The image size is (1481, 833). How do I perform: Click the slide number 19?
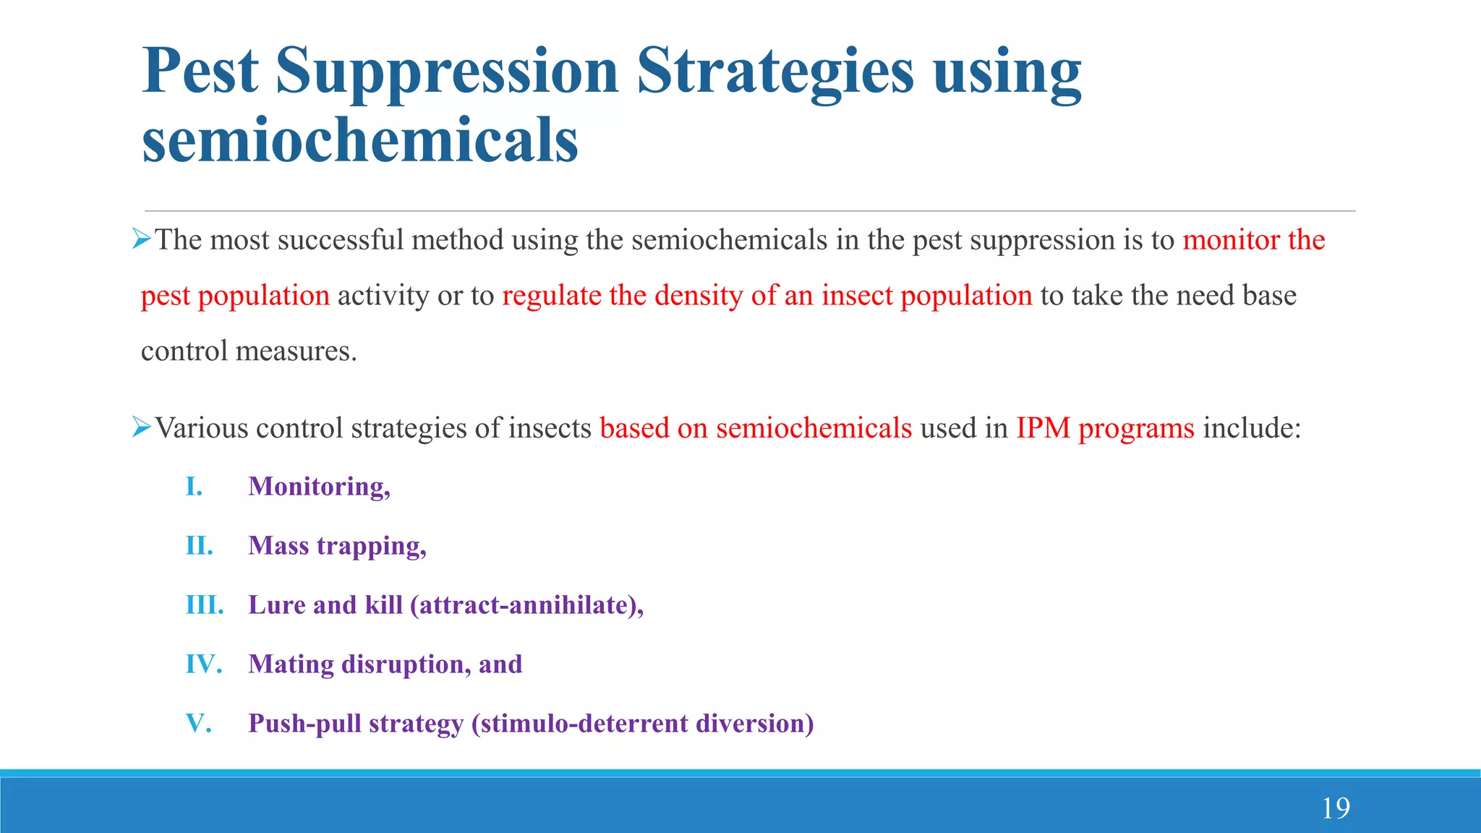[x=1336, y=808]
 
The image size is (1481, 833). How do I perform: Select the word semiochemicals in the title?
[x=360, y=140]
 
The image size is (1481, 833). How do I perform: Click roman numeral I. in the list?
[x=194, y=487]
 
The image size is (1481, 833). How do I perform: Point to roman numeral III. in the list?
[x=205, y=605]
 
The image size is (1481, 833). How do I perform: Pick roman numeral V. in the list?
[x=199, y=724]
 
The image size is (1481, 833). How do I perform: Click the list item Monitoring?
[x=319, y=487]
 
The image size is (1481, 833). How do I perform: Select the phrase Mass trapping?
[x=337, y=546]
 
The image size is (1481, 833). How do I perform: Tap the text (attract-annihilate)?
[x=526, y=605]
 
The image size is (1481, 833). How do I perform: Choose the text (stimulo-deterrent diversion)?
[x=642, y=724]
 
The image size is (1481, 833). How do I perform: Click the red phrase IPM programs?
[x=1105, y=428]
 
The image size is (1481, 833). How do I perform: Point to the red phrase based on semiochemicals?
[x=756, y=428]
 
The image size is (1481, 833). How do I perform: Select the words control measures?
[x=249, y=351]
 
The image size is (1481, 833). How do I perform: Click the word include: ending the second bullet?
[x=1252, y=428]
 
